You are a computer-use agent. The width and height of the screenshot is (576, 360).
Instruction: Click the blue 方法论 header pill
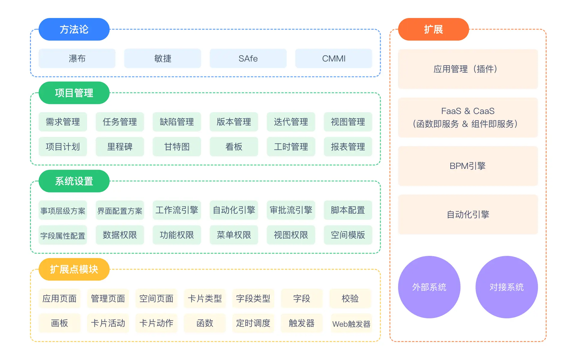coord(74,29)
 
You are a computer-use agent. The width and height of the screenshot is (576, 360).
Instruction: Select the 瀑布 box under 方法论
coord(77,58)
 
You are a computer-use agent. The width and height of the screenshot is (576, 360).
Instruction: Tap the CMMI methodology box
coord(333,58)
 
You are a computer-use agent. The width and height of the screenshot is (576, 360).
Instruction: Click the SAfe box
coord(248,58)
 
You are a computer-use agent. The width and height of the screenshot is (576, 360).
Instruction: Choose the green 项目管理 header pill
coord(74,93)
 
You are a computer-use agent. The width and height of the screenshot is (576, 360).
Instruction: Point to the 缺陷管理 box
coord(176,122)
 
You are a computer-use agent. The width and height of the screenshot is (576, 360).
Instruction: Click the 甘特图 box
coord(176,147)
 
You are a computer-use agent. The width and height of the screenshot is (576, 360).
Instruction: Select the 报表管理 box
coord(348,147)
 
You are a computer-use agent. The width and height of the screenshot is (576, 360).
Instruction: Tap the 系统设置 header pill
coord(74,181)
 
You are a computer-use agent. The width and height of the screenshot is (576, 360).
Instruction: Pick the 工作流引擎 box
coord(176,210)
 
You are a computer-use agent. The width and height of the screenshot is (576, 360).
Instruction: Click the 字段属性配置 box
coord(63,236)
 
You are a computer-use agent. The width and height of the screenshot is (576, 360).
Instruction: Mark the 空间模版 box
coord(348,235)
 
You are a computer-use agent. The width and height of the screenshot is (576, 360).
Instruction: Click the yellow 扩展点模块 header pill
coord(74,269)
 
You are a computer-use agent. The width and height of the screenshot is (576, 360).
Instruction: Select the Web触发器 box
coord(351,324)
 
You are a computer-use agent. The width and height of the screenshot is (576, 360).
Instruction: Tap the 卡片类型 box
coord(205,298)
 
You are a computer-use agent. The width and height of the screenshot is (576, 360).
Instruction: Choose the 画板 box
coord(60,323)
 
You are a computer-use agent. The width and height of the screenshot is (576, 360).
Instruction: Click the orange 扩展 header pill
coord(433,29)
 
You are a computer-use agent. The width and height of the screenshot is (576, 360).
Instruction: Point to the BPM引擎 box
coord(468,166)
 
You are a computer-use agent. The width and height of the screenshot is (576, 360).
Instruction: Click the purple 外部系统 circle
coord(429,287)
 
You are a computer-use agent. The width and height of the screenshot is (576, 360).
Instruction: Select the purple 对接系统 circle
coord(506,287)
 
